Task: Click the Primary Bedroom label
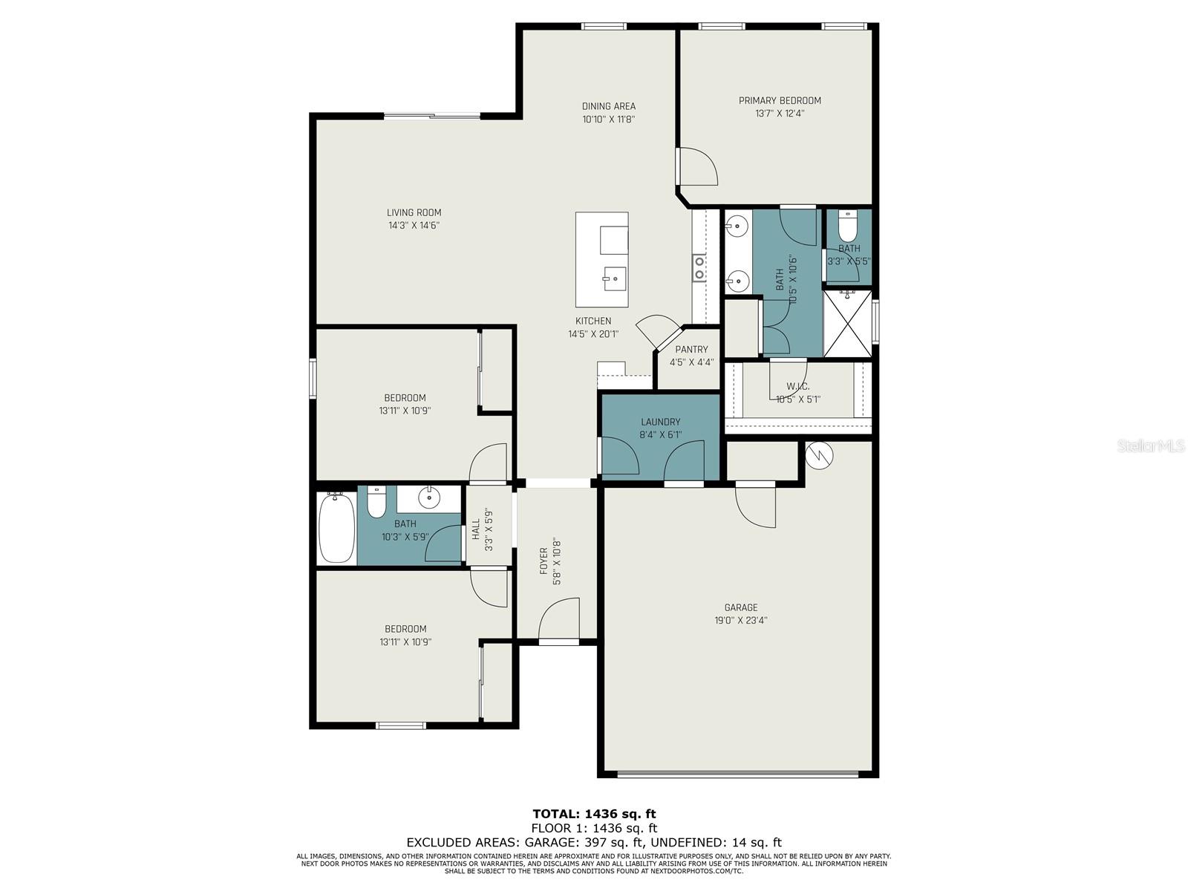click(x=780, y=101)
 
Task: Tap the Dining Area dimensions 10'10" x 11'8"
click(x=608, y=119)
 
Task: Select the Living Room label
click(x=414, y=212)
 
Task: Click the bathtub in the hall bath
click(x=336, y=527)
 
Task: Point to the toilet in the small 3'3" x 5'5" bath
click(x=847, y=227)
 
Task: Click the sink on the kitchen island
click(x=614, y=279)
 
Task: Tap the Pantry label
click(x=691, y=350)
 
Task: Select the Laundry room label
click(x=660, y=422)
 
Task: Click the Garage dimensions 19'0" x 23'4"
click(x=741, y=621)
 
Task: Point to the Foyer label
click(x=544, y=561)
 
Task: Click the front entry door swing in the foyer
click(x=559, y=619)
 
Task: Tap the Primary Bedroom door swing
click(x=698, y=166)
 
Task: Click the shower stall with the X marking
click(x=848, y=324)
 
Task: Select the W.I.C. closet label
click(x=797, y=387)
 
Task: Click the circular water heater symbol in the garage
click(x=820, y=455)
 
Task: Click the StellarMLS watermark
click(x=1151, y=446)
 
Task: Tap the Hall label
click(x=476, y=529)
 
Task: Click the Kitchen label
click(x=593, y=321)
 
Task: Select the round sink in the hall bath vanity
click(x=429, y=497)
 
